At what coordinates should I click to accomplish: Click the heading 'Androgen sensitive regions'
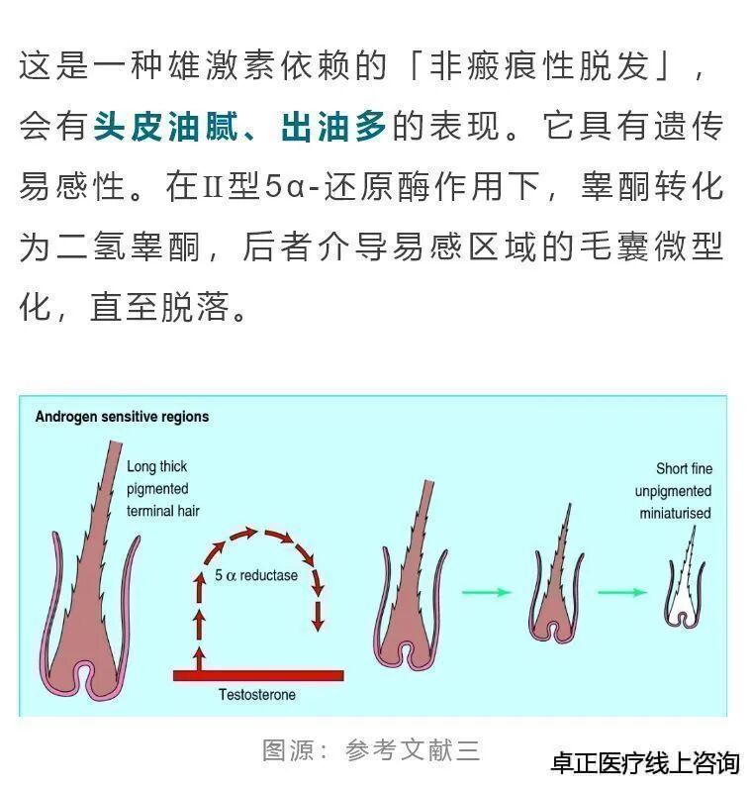coord(122,417)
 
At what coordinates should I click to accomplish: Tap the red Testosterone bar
coord(258,675)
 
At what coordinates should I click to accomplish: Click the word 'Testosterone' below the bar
coord(257,695)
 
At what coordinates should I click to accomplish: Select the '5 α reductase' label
coord(256,575)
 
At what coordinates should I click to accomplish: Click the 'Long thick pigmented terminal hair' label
coord(157,489)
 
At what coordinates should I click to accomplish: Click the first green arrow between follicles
coord(487,592)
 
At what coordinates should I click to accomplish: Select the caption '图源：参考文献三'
coord(371,749)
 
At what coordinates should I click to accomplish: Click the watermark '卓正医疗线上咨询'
coord(644,763)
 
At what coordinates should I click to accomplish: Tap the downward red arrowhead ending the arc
coord(318,623)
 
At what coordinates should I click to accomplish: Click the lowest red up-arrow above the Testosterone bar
coord(200,656)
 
